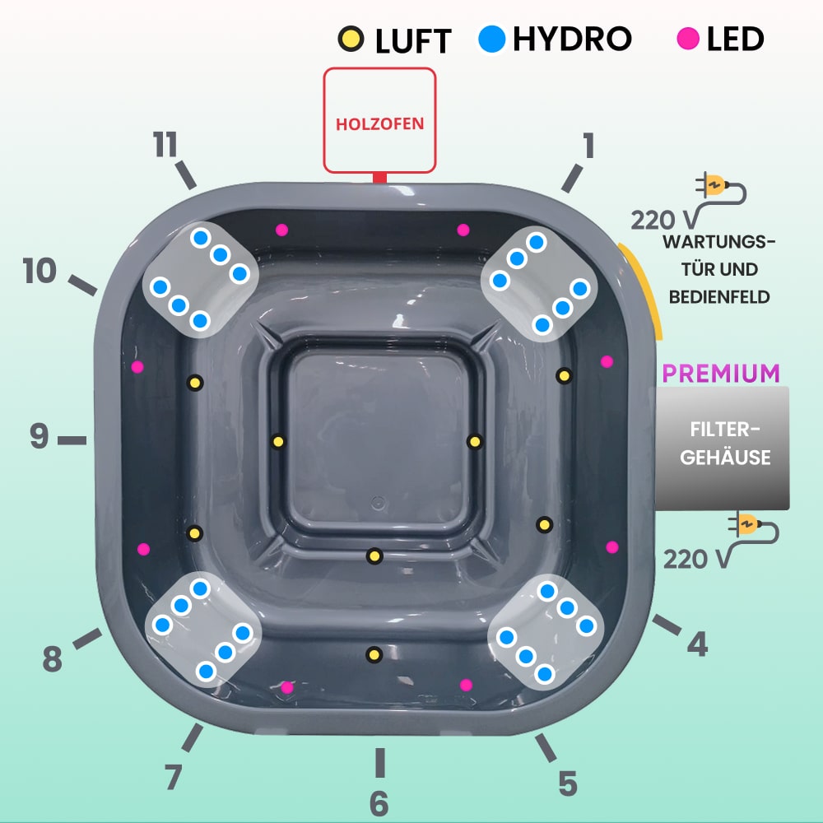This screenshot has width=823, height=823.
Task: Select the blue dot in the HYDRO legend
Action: point(492,39)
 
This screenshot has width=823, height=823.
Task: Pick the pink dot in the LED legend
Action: point(688,38)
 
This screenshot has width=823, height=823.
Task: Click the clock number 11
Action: point(165,145)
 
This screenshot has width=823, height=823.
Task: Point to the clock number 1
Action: point(588,146)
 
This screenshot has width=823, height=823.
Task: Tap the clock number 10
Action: point(40,270)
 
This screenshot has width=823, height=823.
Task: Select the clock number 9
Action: point(39,436)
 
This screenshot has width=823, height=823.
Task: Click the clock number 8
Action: point(52,658)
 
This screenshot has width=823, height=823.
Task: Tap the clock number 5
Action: point(568,783)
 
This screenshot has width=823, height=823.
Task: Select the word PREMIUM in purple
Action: point(721,373)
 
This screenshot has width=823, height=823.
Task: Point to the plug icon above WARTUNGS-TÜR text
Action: point(716,188)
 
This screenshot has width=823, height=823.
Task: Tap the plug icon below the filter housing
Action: point(749,527)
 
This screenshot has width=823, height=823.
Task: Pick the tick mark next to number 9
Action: point(72,440)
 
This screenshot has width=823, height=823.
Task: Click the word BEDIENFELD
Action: point(719,296)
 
